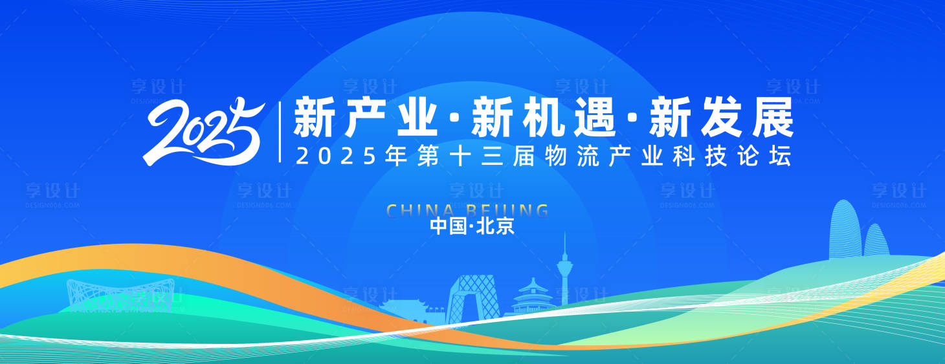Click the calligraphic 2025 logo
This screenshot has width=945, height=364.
204,131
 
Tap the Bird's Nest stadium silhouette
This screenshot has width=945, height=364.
120,296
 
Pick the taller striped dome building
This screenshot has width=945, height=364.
844,229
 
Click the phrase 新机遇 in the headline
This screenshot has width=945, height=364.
543,117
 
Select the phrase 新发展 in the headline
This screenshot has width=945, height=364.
721,117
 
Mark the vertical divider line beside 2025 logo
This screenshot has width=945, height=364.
280,131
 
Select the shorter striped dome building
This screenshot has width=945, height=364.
876,241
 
